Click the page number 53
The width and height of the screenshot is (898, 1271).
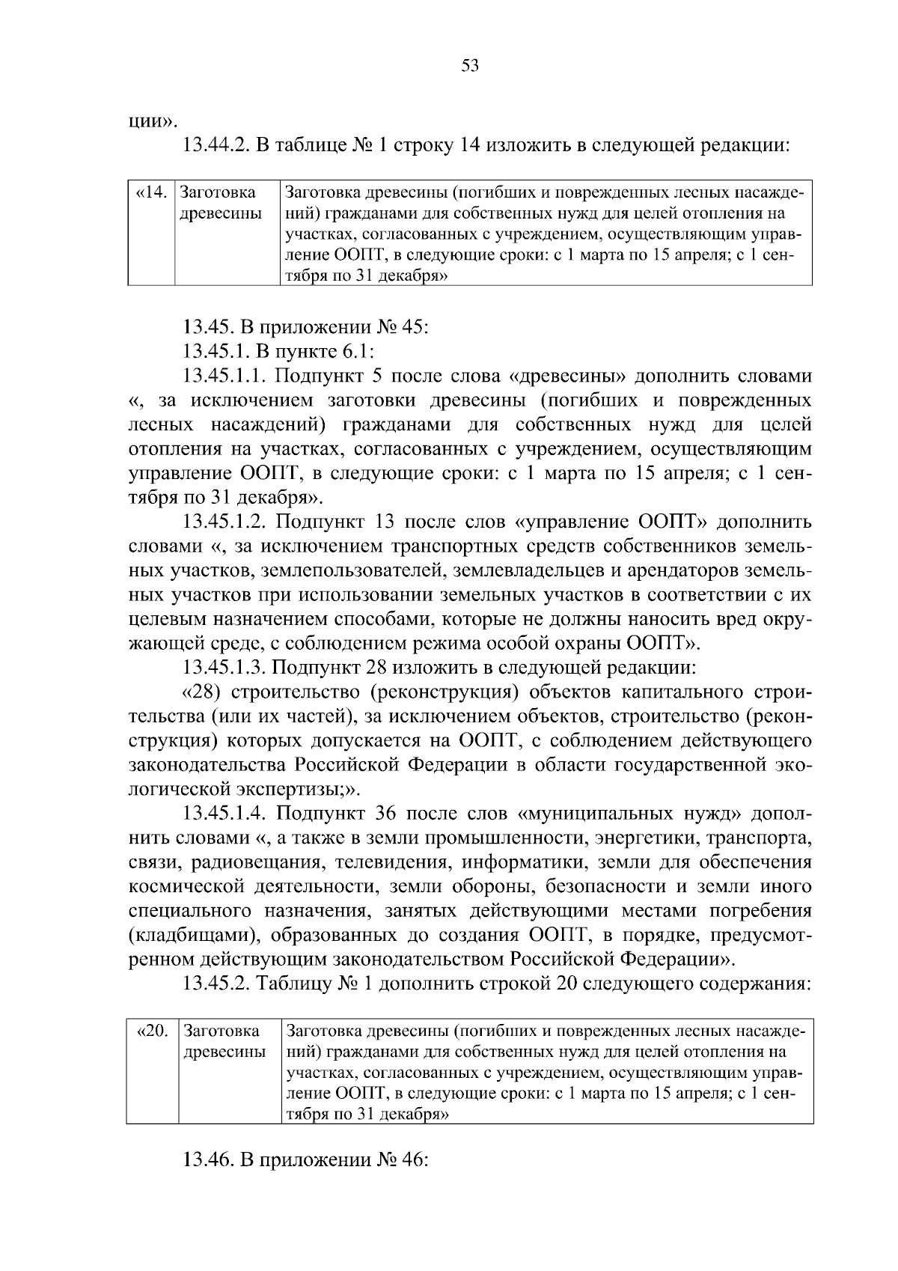[469, 66]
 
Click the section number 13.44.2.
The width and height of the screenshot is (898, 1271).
[216, 145]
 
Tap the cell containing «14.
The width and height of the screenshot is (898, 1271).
[151, 193]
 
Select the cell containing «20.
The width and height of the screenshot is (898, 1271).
[153, 1031]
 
